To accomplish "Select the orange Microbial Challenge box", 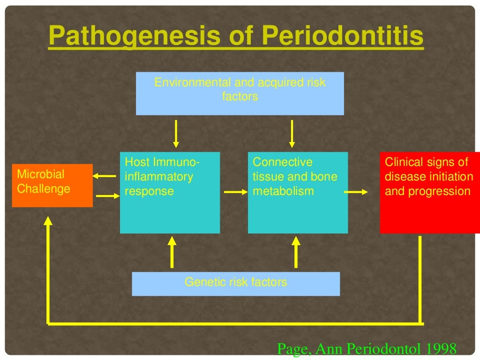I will (52, 185).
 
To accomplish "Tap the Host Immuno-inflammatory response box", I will (170, 192).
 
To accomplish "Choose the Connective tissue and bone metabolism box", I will (298, 192).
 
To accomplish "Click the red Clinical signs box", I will (429, 192).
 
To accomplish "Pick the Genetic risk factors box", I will (236, 284).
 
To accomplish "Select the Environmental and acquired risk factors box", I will (240, 93).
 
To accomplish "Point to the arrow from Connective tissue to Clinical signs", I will (357, 192).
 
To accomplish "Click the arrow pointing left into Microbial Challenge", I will (104, 176).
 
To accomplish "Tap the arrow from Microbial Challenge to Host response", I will (108, 196).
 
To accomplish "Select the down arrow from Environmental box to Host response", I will (176, 134).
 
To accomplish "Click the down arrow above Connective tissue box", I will (292, 134).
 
